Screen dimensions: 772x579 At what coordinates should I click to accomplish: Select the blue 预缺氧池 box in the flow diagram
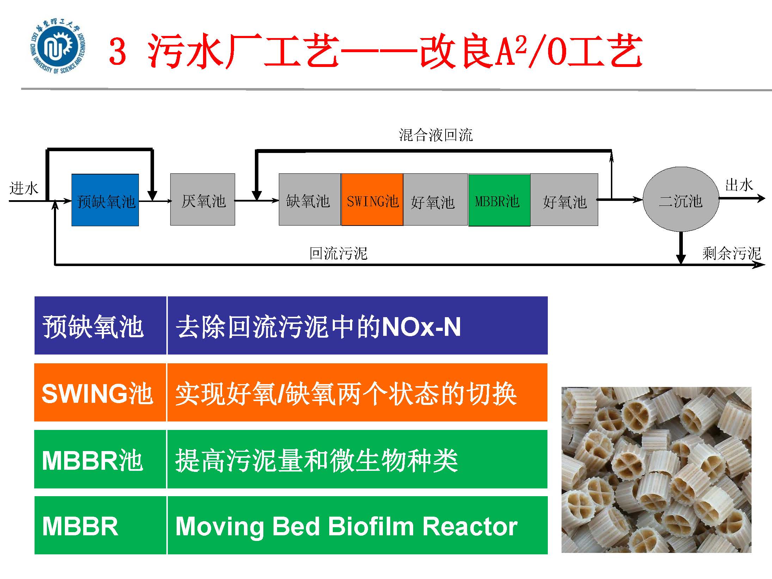105,200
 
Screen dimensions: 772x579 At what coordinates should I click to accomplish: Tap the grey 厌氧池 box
203,199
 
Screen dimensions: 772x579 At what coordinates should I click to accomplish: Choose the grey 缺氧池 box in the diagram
310,199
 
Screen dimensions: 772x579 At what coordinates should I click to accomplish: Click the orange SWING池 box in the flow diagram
372,199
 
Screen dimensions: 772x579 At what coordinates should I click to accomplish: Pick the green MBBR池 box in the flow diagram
499,200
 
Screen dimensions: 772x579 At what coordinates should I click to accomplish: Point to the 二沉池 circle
681,199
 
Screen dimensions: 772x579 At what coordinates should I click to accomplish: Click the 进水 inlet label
23,188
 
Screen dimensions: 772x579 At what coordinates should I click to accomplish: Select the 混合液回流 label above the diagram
436,135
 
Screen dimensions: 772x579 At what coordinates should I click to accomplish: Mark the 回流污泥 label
338,253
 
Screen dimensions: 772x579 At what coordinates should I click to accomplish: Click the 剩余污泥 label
731,253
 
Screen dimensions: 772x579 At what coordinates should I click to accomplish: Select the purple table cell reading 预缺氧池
100,325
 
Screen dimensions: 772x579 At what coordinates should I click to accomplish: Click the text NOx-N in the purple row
421,327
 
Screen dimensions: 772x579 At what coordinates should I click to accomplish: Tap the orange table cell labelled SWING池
100,392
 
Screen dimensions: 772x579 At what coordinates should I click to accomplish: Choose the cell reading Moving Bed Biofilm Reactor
357,525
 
